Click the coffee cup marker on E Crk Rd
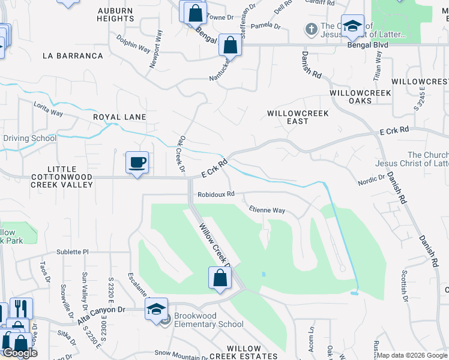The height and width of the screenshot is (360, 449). (137, 162)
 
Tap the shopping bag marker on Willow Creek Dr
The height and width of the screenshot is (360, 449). (220, 278)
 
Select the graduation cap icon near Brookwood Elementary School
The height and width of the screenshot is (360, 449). (156, 309)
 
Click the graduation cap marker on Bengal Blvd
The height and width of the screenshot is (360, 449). (354, 26)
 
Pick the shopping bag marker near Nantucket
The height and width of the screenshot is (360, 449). (230, 44)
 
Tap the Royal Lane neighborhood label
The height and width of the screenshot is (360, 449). (119, 117)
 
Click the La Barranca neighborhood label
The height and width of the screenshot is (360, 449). (73, 56)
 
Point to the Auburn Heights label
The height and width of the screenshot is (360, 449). (116, 14)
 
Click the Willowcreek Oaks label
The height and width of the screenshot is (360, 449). (360, 97)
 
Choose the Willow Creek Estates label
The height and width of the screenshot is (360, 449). (244, 352)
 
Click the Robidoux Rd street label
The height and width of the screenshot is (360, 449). (215, 194)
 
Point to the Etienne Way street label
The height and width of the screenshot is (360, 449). (267, 210)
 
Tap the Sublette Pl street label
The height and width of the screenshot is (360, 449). (73, 252)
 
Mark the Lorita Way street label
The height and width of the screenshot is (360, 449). (49, 108)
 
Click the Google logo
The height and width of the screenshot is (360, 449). (19, 353)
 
